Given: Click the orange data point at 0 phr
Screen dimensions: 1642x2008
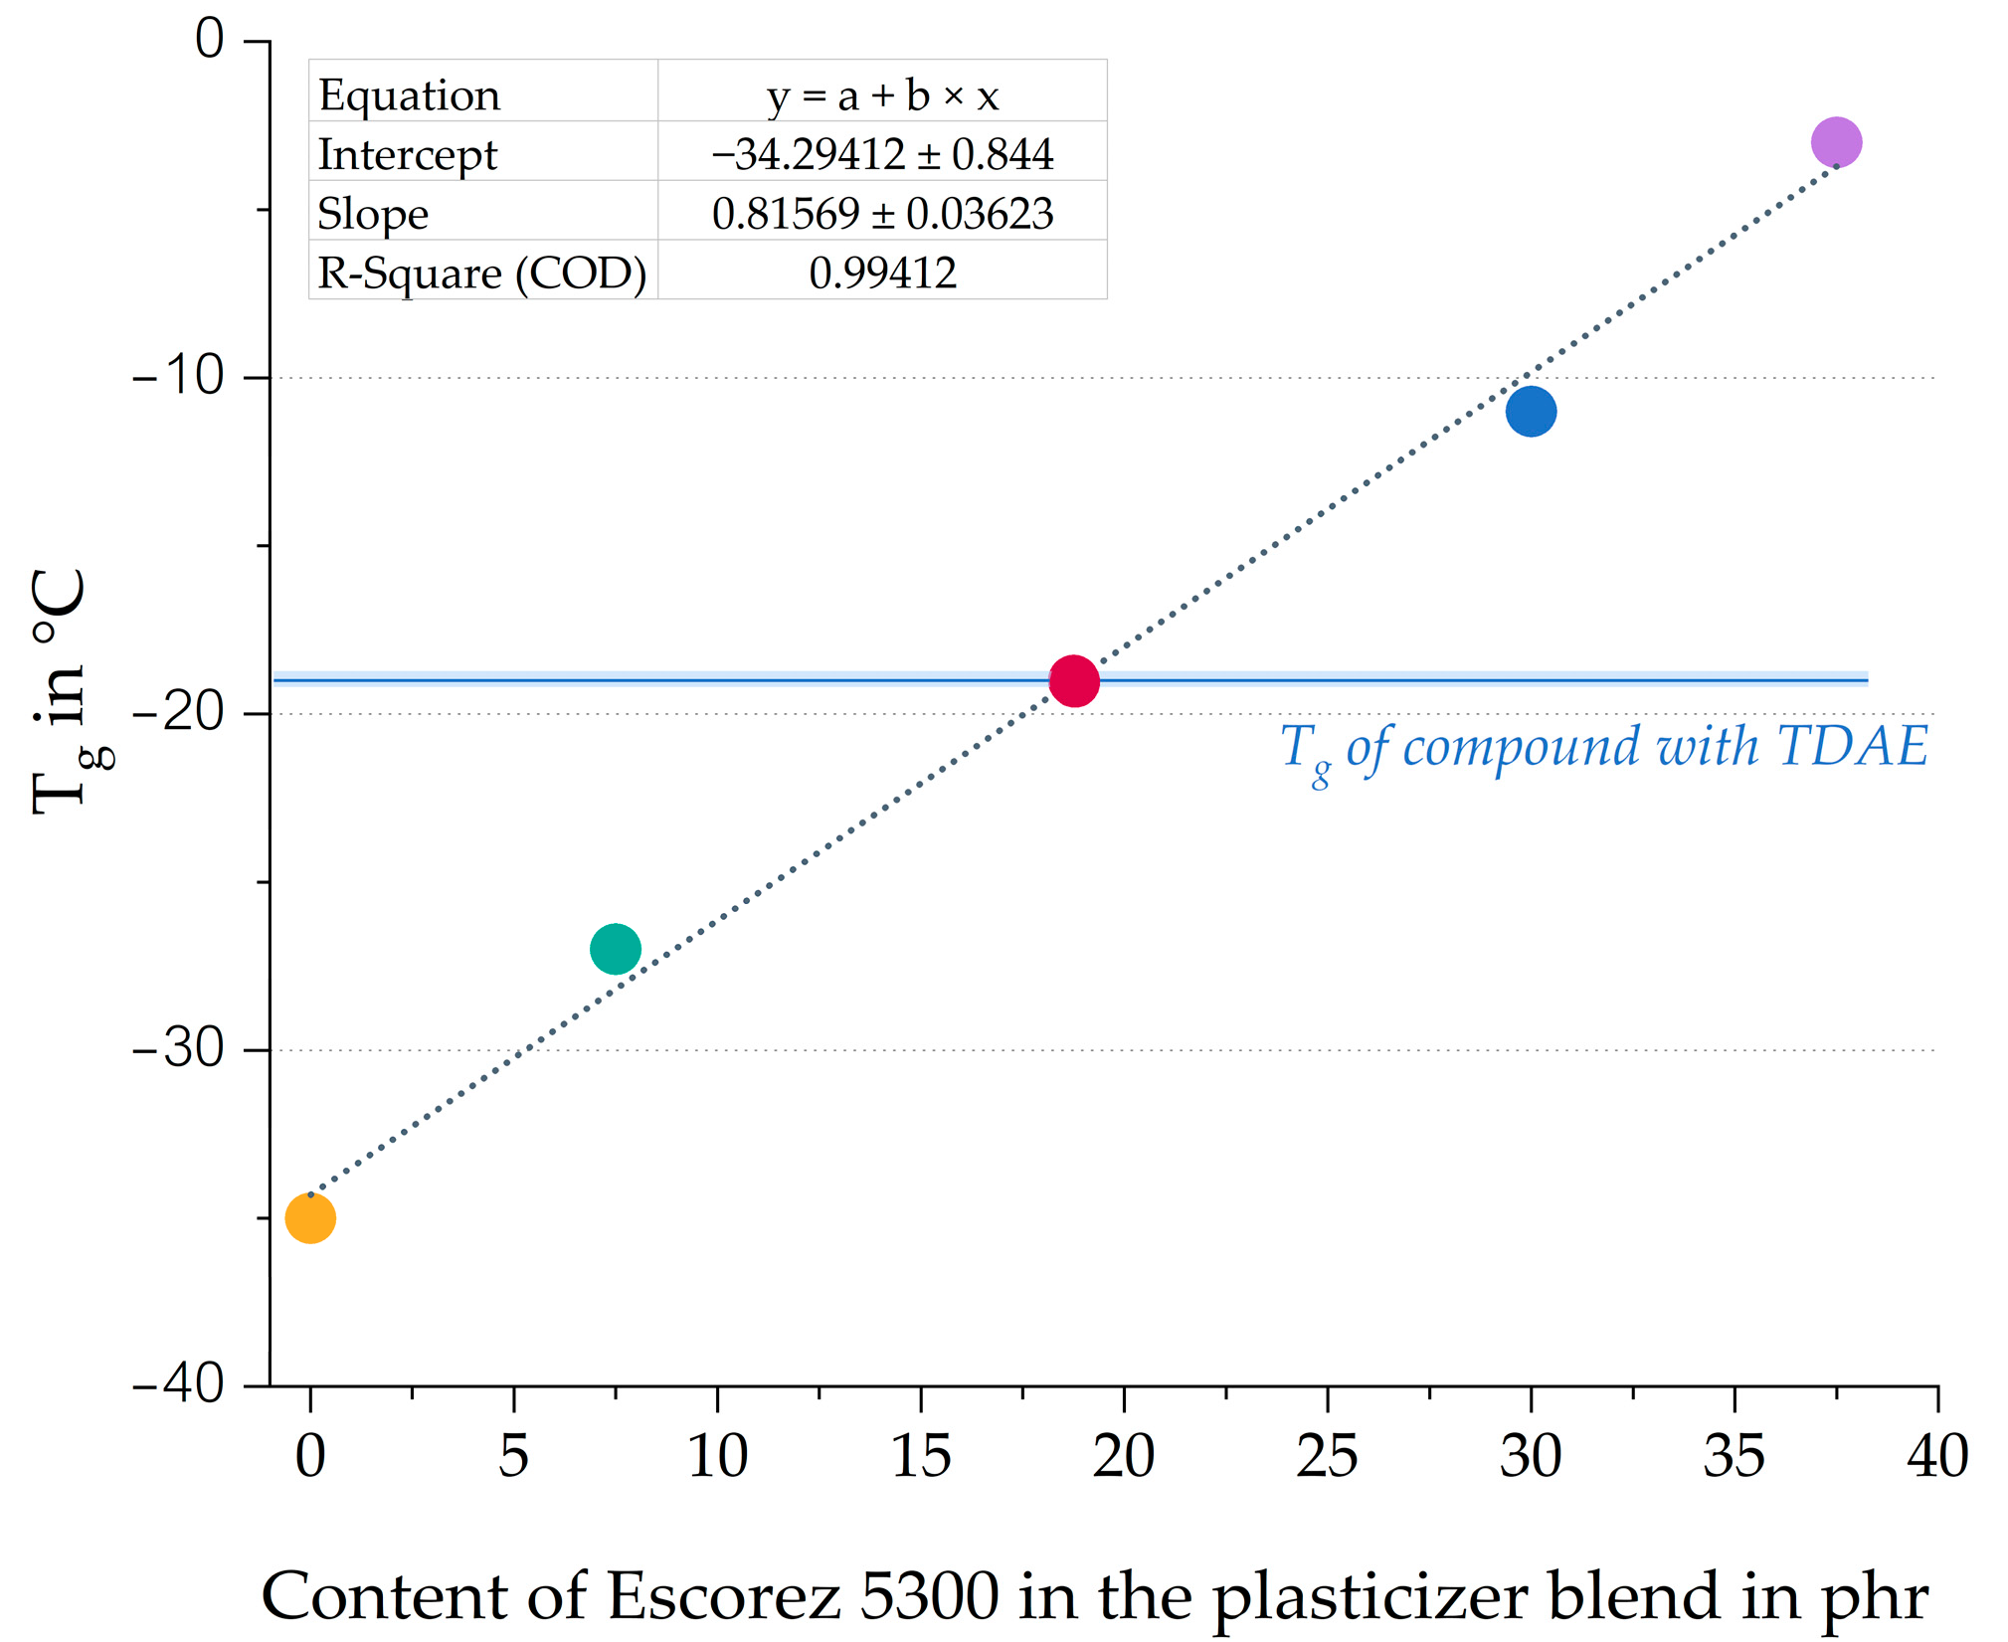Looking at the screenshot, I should coord(310,1217).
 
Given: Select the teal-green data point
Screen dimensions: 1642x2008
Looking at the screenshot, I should coord(615,949).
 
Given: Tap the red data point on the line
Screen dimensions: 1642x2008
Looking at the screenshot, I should coord(1074,681).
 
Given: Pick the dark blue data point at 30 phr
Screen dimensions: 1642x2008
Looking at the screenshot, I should coord(1531,411).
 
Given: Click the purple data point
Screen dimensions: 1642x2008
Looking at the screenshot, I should coord(1836,142).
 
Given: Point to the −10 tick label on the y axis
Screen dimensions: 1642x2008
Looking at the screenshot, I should coord(179,376).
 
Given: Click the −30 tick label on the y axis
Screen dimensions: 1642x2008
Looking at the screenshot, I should coord(179,1048).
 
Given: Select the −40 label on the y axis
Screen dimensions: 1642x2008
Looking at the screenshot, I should coord(179,1383).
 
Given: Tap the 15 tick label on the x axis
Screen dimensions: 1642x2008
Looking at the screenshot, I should coord(921,1456).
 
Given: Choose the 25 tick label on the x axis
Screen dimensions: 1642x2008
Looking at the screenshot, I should coord(1327,1456).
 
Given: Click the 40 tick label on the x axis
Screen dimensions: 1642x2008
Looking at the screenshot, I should coord(1936,1456).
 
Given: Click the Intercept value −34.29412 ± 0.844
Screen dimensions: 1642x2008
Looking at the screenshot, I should coord(882,153).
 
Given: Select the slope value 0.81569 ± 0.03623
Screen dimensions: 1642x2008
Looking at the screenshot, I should coord(882,213).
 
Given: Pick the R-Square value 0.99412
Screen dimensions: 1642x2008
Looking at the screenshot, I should coord(882,273).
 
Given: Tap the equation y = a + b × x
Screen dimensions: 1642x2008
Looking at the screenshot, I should coord(882,95).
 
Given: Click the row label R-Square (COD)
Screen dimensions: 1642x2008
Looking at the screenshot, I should coord(482,274).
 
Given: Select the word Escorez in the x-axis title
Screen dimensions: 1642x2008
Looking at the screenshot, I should coord(723,1595).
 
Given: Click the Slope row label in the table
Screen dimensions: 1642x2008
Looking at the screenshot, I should coord(373,215).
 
